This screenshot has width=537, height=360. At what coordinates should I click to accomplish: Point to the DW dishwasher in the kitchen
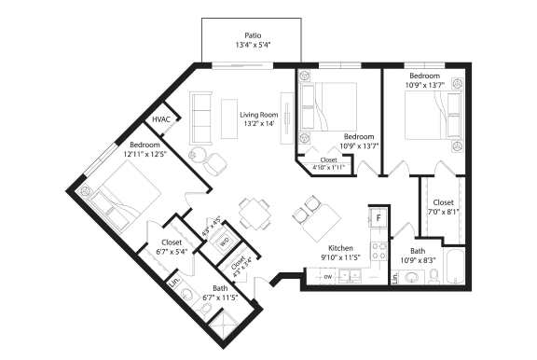point(326,277)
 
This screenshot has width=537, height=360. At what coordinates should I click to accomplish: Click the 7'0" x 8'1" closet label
point(442,206)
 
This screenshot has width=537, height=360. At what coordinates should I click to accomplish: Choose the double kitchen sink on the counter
point(351,276)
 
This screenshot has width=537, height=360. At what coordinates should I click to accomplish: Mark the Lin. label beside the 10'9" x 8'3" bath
point(395,277)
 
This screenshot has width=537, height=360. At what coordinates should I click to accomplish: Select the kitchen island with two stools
point(317,222)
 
